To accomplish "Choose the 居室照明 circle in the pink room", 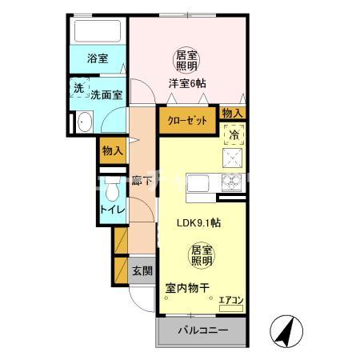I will tap(186, 59).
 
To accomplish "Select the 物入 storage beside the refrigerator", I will tap(232, 114).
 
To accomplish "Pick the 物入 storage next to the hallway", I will tap(113, 150).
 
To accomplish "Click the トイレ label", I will tap(110, 210).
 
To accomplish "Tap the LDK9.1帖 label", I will tap(199, 224).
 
